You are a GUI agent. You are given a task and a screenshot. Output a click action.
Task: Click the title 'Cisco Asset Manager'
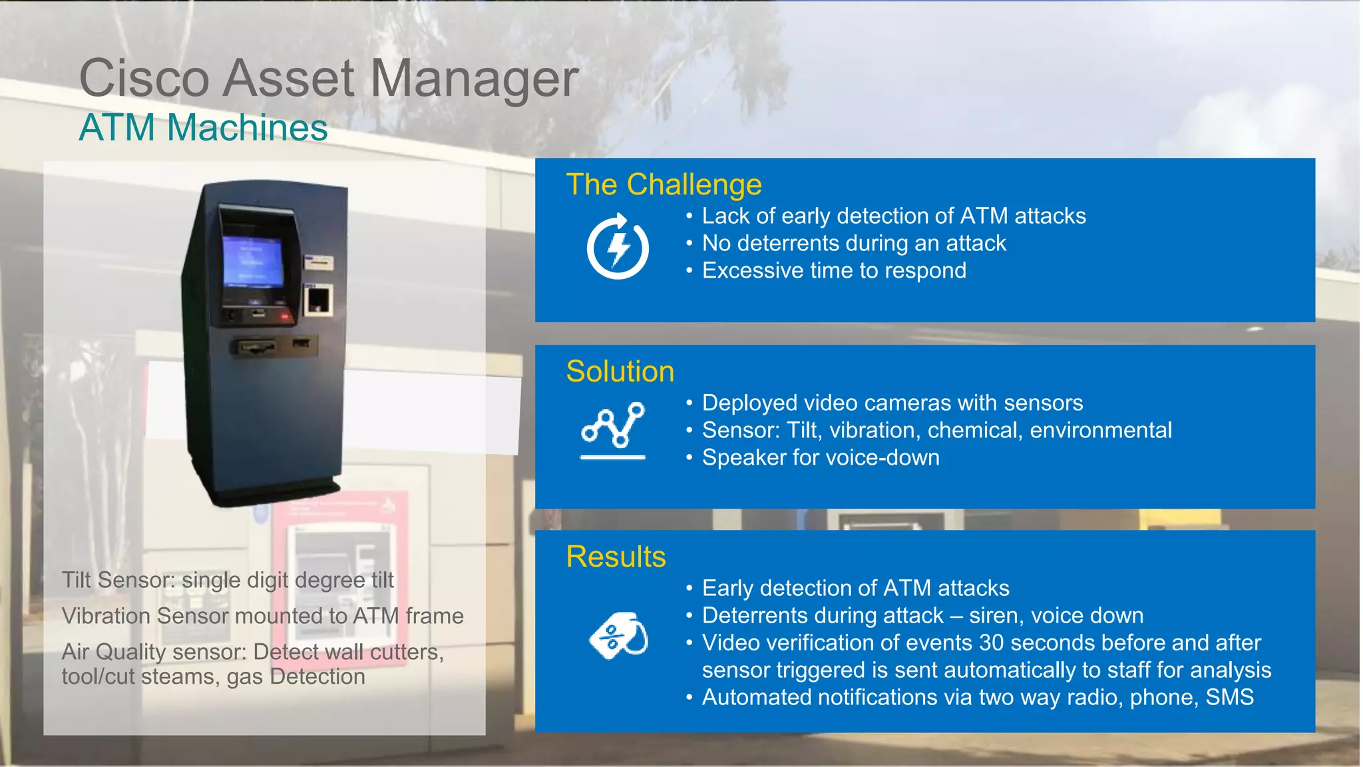(329, 79)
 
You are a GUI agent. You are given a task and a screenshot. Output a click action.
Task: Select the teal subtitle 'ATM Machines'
(203, 128)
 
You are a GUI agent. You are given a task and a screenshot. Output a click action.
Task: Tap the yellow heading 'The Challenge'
(664, 184)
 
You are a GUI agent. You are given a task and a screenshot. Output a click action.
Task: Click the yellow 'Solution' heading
(620, 372)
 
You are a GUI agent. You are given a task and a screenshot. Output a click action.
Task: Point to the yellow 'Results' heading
(616, 557)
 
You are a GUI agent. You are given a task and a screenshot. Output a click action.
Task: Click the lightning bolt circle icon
(618, 247)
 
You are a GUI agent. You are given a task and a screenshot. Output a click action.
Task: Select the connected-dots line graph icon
(613, 429)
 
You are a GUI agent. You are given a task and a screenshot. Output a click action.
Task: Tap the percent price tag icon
(618, 636)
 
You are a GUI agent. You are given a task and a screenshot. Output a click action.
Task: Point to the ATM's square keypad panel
(318, 300)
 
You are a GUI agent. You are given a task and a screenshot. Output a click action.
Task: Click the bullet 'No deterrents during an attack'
(854, 244)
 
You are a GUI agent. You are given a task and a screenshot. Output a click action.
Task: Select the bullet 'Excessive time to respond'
(834, 271)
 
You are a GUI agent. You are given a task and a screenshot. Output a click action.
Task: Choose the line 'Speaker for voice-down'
(821, 458)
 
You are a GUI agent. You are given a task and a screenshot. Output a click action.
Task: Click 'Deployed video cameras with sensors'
(892, 403)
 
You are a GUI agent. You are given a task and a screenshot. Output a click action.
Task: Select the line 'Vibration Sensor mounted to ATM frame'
(262, 616)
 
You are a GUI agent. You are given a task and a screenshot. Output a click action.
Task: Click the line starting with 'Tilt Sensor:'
(228, 580)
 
